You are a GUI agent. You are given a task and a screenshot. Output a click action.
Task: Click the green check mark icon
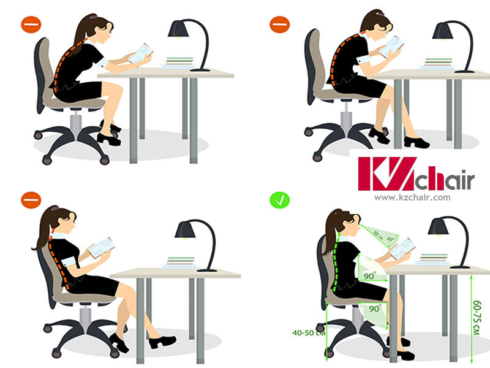(280, 199)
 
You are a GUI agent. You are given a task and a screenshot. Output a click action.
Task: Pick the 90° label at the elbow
(369, 277)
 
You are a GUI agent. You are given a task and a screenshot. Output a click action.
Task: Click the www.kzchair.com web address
(412, 197)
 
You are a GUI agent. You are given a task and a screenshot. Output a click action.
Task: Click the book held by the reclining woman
(102, 247)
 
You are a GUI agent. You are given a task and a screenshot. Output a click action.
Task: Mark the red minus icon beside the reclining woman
(31, 200)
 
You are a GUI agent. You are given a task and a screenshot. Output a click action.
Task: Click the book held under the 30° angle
(402, 248)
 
